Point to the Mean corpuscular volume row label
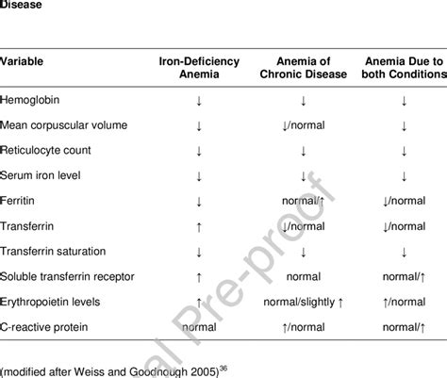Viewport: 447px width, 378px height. click(63, 124)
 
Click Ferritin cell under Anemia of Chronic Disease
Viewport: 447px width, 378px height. click(302, 201)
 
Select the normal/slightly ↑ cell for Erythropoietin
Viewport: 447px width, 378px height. click(302, 303)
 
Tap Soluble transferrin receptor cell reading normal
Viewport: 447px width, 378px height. click(302, 277)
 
